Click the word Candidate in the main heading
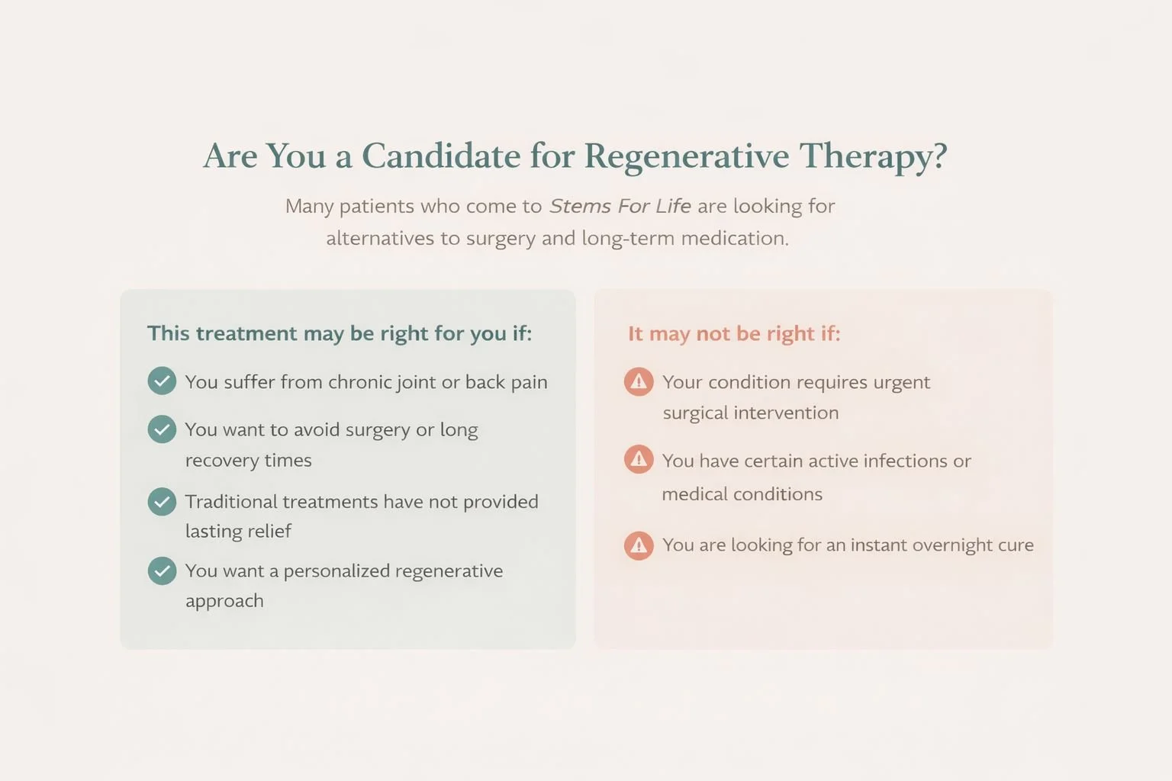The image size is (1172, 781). (441, 156)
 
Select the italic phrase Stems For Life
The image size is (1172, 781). (620, 206)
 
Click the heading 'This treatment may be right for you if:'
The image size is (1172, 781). (340, 333)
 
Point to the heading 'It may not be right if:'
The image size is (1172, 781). (734, 333)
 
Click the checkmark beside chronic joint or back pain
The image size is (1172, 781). (162, 381)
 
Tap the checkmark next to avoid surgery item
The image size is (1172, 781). (162, 429)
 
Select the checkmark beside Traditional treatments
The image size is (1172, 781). (162, 501)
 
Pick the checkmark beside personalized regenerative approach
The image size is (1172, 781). (162, 570)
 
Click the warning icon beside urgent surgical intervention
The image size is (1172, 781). (639, 381)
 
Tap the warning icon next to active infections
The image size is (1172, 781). (639, 459)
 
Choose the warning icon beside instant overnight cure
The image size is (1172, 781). (639, 545)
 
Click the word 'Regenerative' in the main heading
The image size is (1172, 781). (687, 156)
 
